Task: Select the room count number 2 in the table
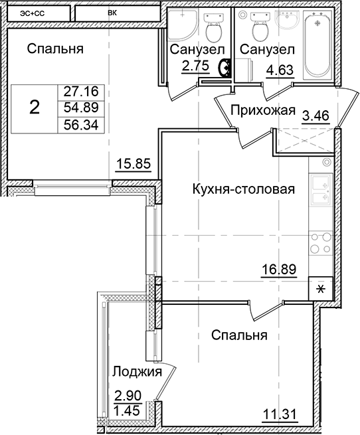[x=35, y=108]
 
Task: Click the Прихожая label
[x=262, y=110]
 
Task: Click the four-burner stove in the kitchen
[x=321, y=243]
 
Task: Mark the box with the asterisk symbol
[x=321, y=289]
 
